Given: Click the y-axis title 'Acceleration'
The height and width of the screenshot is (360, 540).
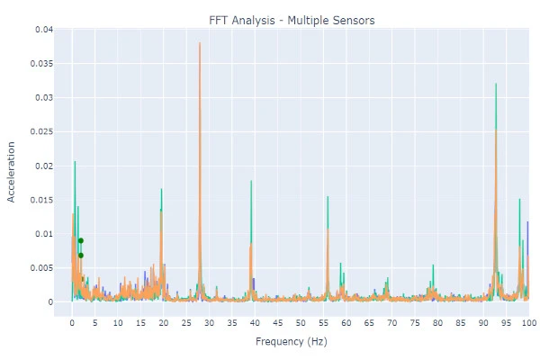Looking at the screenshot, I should pos(13,171).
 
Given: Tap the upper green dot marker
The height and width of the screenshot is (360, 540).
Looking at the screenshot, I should pos(81,240).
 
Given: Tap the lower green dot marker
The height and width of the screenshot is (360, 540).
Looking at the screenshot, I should pos(81,255).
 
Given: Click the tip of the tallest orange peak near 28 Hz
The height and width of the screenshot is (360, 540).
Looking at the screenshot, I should pos(200,43).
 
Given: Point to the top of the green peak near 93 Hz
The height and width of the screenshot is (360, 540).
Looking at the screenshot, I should pos(496,84).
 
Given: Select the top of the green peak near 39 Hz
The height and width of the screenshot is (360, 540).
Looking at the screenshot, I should pos(251,181).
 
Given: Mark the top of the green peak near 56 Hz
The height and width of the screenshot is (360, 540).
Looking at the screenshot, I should pos(328,196).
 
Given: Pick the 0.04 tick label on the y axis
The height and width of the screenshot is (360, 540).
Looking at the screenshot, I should pos(42,30).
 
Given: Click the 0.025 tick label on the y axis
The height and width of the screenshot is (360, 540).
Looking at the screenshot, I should pos(40,132).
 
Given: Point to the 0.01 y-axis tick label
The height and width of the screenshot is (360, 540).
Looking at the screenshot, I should pos(42,234).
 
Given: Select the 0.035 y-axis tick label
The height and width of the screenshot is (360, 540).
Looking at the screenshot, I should pos(40,64).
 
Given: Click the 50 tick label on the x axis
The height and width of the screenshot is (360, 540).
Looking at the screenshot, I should pos(301,322).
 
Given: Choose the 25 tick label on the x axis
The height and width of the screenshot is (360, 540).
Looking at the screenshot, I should pos(186,322).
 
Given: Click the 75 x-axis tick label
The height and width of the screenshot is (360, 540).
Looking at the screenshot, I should pos(414,322).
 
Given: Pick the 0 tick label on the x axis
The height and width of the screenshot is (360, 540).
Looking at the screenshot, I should pos(72,322).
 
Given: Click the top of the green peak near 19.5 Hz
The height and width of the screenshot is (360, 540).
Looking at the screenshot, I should pos(161,189).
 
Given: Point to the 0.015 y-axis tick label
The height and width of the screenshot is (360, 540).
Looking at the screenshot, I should pos(40,200).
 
